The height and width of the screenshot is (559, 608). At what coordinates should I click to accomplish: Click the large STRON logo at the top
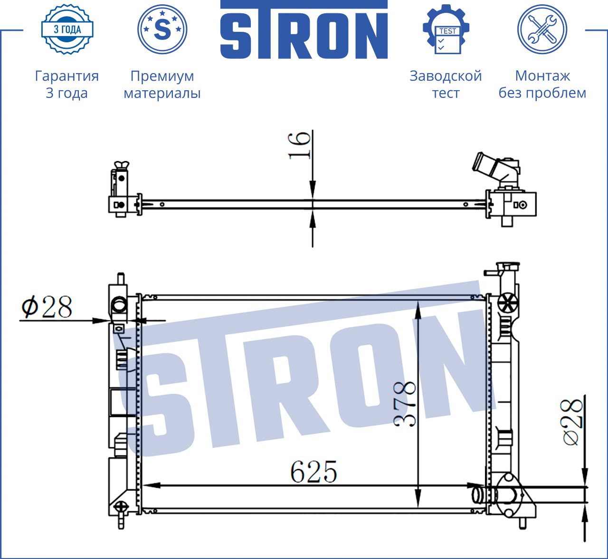[x=304, y=29]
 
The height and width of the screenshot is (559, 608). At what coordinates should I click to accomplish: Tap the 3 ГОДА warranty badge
[x=67, y=29]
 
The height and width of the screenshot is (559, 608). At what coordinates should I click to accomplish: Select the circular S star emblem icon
[x=162, y=29]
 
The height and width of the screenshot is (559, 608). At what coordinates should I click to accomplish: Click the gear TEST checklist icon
[x=446, y=29]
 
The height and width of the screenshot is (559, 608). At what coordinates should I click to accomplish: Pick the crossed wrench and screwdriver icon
[x=542, y=29]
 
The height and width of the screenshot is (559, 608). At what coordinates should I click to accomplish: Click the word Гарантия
[x=67, y=76]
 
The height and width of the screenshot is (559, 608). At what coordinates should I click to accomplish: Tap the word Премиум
[x=162, y=76]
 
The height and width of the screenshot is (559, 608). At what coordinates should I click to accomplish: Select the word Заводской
[x=446, y=76]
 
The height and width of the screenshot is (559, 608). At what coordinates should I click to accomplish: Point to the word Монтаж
[x=542, y=76]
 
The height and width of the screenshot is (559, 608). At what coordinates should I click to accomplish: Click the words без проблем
[x=542, y=93]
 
